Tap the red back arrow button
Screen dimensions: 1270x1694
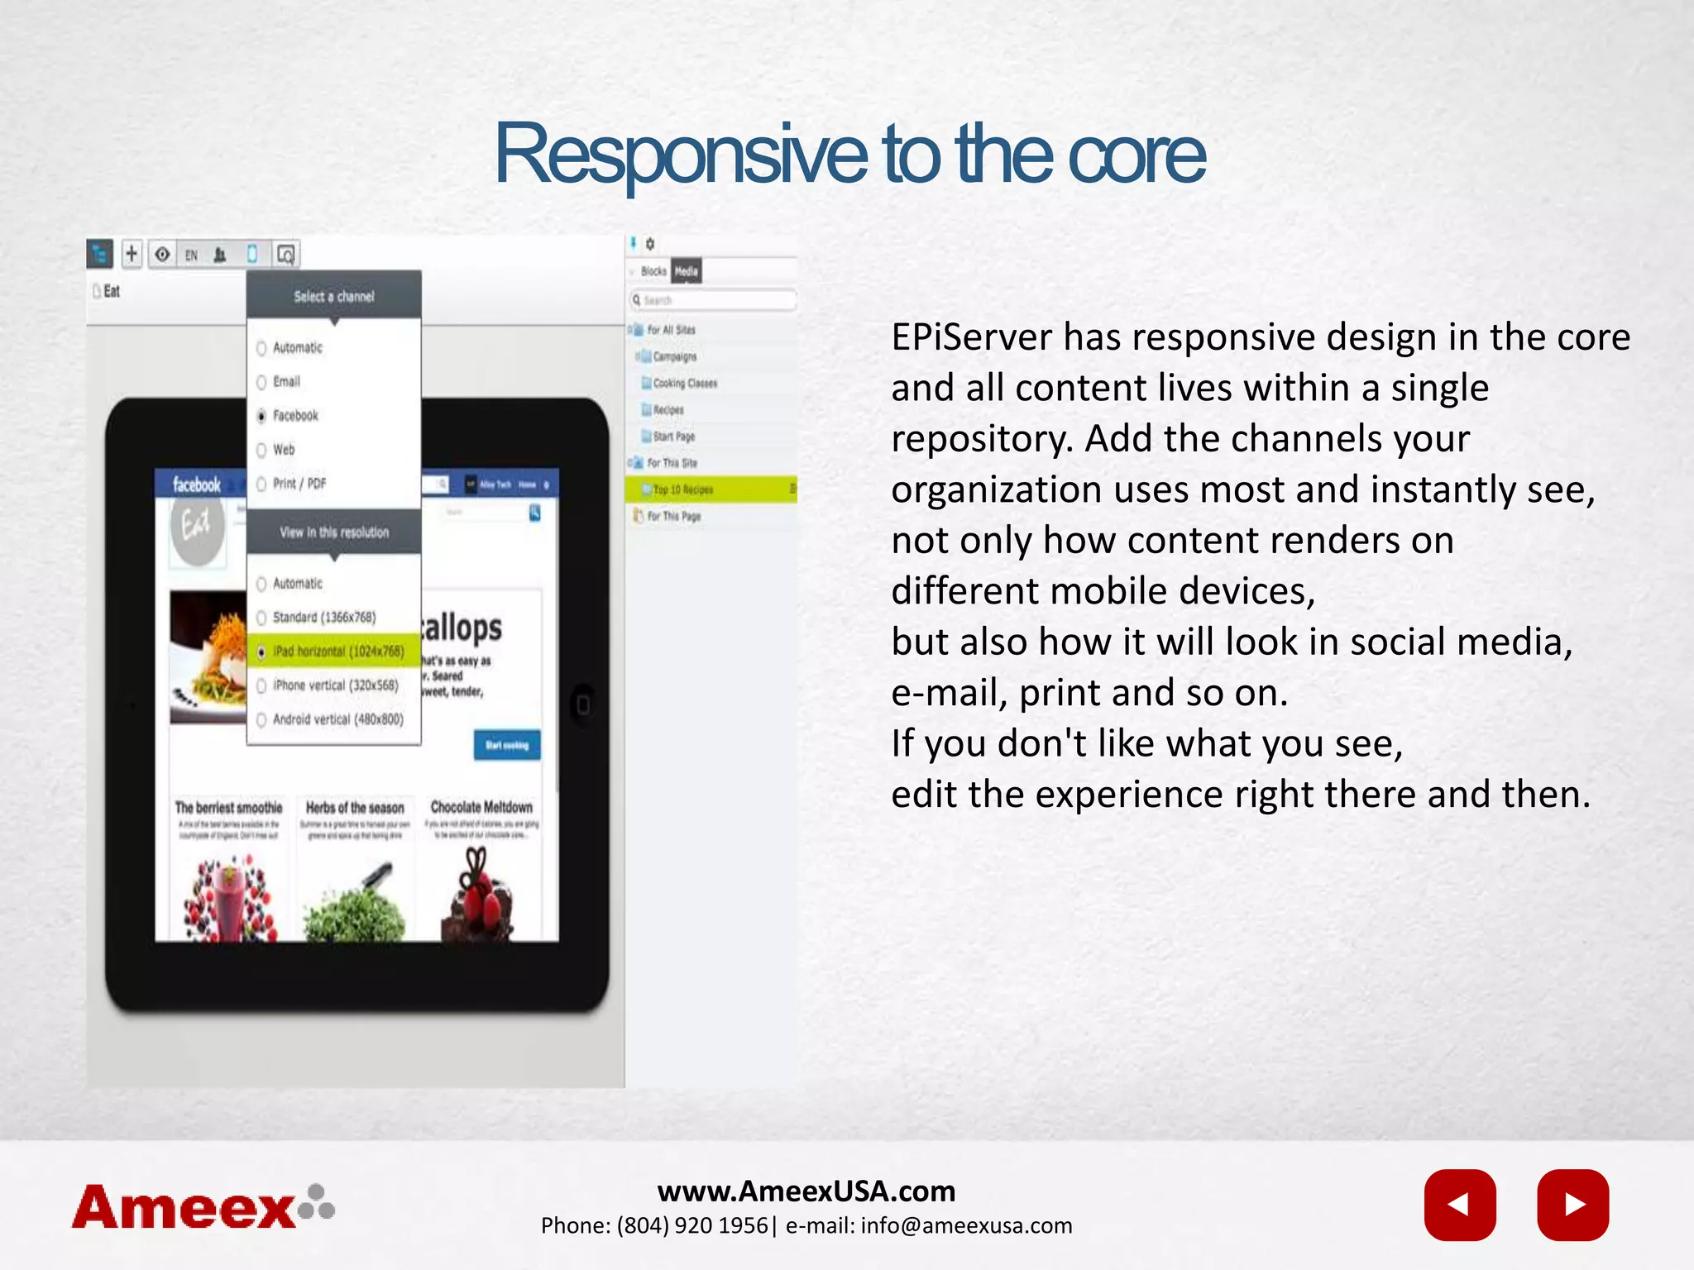1460,1205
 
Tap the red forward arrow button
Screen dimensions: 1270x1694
1572,1205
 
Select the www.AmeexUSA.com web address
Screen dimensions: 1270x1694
806,1191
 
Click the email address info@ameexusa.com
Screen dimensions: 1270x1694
965,1226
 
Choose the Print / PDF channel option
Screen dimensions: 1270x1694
299,484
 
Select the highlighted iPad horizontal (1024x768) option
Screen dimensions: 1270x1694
337,652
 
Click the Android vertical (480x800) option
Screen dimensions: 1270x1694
337,719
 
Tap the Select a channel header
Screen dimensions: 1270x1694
333,296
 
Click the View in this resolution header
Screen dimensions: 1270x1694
333,532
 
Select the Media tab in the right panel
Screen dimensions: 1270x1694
686,271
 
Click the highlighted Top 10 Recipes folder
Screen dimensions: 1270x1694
682,489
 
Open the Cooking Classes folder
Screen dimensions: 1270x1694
684,383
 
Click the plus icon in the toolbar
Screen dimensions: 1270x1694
132,253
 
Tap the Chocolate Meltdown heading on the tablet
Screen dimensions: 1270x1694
481,807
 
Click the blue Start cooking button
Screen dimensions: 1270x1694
507,745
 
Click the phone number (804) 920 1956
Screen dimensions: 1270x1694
692,1226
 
